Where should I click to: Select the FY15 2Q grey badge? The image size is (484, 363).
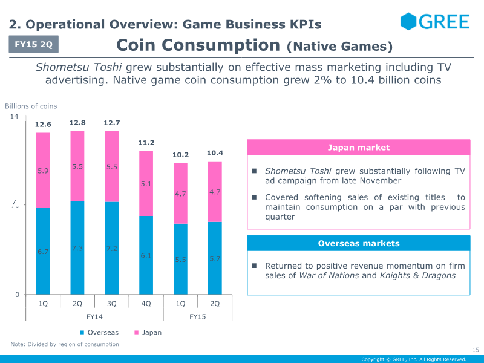click(x=34, y=44)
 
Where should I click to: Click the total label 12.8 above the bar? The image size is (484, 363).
click(x=77, y=123)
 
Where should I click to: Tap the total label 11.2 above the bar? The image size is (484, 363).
click(x=146, y=143)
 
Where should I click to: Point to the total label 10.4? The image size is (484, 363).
click(x=215, y=153)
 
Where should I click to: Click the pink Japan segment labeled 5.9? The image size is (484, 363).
click(x=43, y=171)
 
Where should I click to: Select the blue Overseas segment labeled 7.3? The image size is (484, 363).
click(x=77, y=248)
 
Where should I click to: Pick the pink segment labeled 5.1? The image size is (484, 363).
click(x=146, y=183)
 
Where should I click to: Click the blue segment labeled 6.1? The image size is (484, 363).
click(x=146, y=255)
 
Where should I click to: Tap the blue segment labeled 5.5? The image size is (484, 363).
click(x=180, y=259)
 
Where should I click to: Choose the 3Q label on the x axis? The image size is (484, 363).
click(x=111, y=304)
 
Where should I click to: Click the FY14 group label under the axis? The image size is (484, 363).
click(x=94, y=316)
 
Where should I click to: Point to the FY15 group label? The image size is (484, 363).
click(x=198, y=316)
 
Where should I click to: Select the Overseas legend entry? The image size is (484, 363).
click(x=99, y=332)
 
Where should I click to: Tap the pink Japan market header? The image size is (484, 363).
click(x=358, y=148)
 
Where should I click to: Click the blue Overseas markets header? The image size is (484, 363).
click(x=358, y=243)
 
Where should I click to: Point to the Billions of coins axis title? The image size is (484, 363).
click(x=31, y=106)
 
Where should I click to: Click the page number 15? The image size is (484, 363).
click(x=475, y=350)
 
